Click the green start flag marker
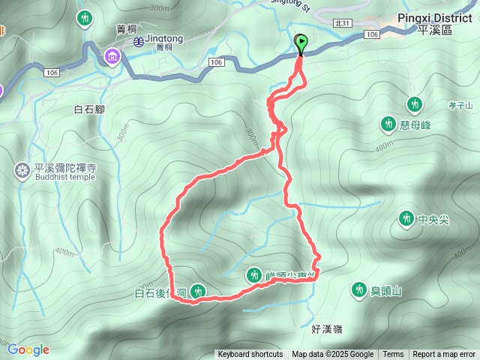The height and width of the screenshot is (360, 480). [x=301, y=43]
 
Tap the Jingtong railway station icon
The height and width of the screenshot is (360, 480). [x=139, y=42]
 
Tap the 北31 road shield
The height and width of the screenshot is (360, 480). [x=343, y=24]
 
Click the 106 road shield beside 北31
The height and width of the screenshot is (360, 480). [x=372, y=34]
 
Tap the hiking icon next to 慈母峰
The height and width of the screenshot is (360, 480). [x=388, y=123]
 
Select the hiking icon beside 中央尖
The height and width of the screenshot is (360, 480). [x=406, y=218]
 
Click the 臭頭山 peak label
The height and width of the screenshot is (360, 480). [x=387, y=291]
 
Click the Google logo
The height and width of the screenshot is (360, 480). [x=28, y=349]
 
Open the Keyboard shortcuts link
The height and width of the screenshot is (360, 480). [x=250, y=355]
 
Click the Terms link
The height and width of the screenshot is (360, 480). [x=393, y=355]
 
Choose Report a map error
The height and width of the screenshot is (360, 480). [x=444, y=355]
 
